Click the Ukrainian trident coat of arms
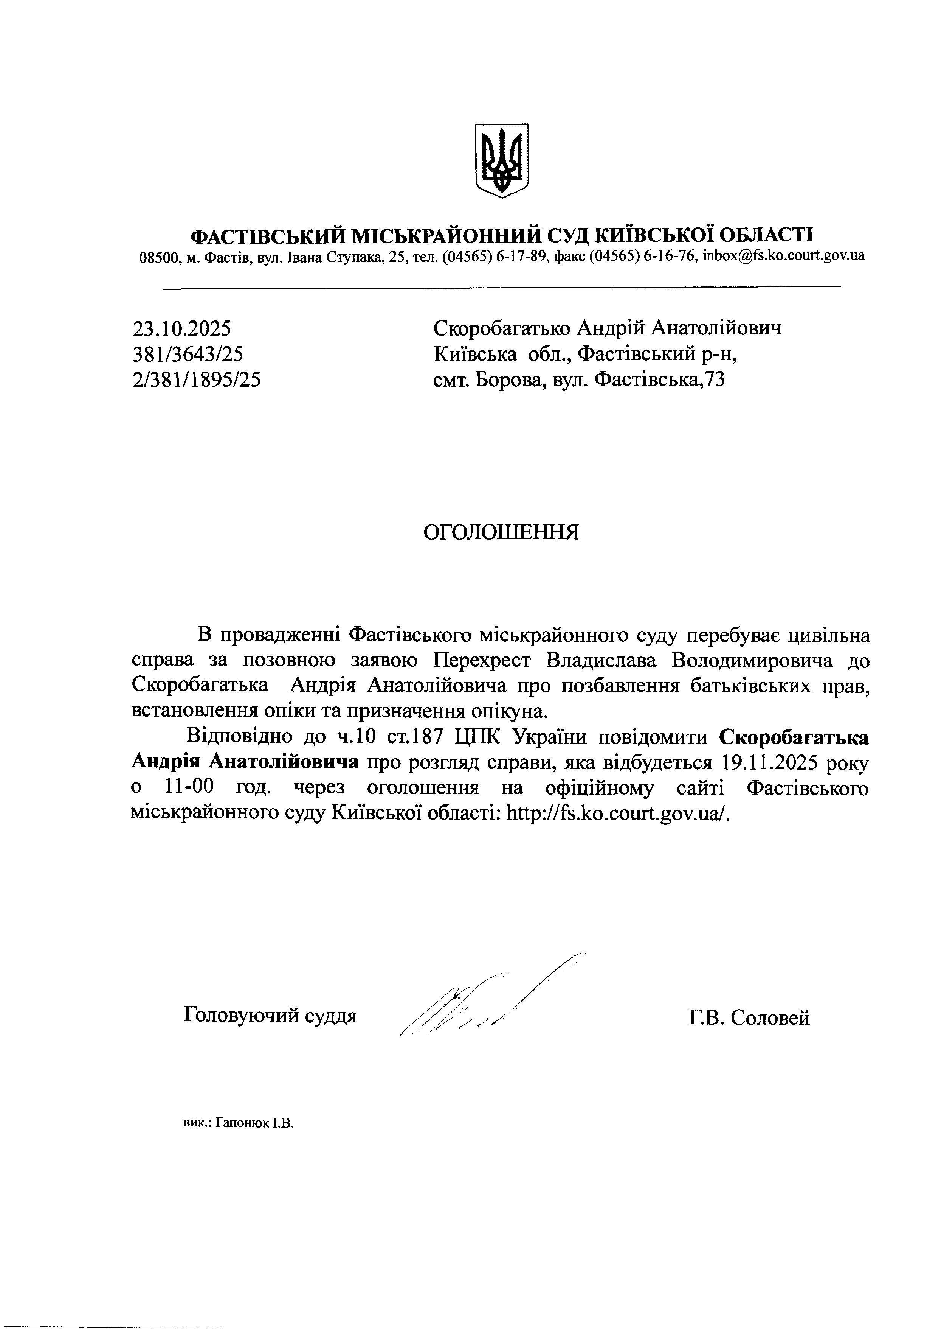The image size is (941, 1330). [502, 160]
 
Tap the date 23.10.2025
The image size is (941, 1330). [182, 329]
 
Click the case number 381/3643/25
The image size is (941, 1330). [188, 354]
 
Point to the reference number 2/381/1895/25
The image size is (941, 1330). [197, 380]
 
